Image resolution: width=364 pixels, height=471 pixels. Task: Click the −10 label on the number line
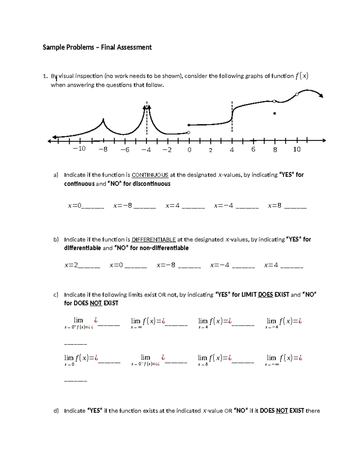tap(79, 149)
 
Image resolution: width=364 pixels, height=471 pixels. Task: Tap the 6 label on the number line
tap(253, 149)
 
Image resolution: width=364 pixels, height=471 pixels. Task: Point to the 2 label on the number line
tap(211, 150)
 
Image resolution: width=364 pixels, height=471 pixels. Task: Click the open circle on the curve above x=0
tap(189, 133)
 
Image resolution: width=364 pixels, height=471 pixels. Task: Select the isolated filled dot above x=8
tap(275, 113)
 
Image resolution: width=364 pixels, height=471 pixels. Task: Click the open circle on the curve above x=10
tap(297, 94)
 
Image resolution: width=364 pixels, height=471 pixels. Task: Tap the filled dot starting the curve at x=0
tap(189, 125)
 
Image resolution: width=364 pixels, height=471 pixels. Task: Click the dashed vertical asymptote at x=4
tap(232, 117)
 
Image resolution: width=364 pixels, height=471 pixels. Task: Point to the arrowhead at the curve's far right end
tap(321, 96)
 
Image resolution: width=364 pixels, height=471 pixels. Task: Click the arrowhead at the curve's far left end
tap(54, 137)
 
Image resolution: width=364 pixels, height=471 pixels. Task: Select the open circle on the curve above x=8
tap(275, 101)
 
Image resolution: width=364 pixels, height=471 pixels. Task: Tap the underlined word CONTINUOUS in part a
tap(150, 175)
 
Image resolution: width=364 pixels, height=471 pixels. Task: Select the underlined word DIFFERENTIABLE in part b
tap(153, 240)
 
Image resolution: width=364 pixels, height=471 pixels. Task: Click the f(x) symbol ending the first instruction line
tap(302, 76)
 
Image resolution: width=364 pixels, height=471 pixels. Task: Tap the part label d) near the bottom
tap(56, 411)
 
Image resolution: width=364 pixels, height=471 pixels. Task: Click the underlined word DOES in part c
tap(265, 295)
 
